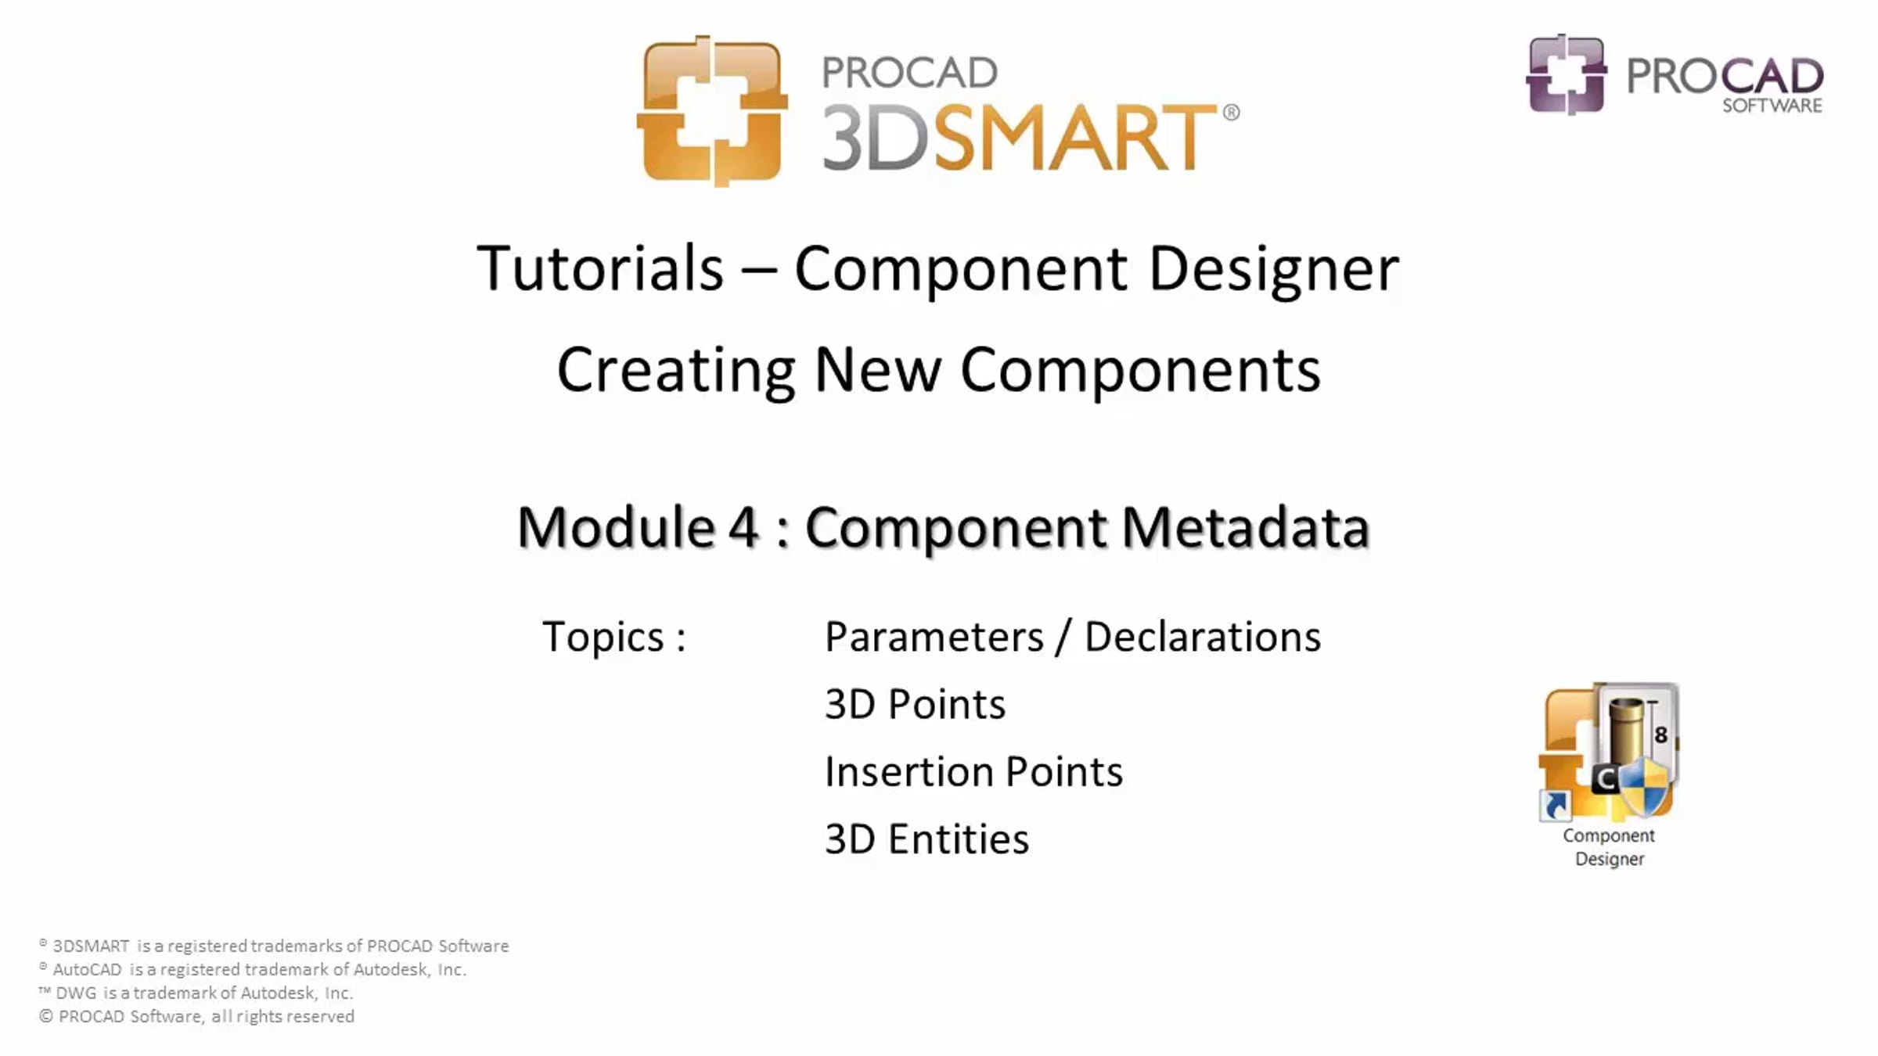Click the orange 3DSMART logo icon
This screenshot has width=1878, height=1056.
coord(712,111)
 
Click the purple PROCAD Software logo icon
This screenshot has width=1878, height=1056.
coord(1567,74)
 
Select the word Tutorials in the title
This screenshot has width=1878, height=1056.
coord(600,268)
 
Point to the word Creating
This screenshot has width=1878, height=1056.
coord(676,371)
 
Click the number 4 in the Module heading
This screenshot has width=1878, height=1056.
coord(744,526)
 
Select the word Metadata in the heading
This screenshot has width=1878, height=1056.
coord(1245,526)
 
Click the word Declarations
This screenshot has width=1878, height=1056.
coord(1203,636)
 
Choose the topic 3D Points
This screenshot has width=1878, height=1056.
coord(915,704)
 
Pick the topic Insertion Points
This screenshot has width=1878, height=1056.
coord(973,771)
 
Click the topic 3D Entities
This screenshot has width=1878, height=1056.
coord(926,839)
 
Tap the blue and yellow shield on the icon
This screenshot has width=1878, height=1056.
coord(1644,787)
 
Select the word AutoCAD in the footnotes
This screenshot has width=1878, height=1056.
coord(88,970)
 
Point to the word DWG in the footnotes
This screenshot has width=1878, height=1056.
coord(77,993)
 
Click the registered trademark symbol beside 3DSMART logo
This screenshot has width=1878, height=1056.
coord(1231,113)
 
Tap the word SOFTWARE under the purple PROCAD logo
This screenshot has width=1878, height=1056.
coord(1772,106)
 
